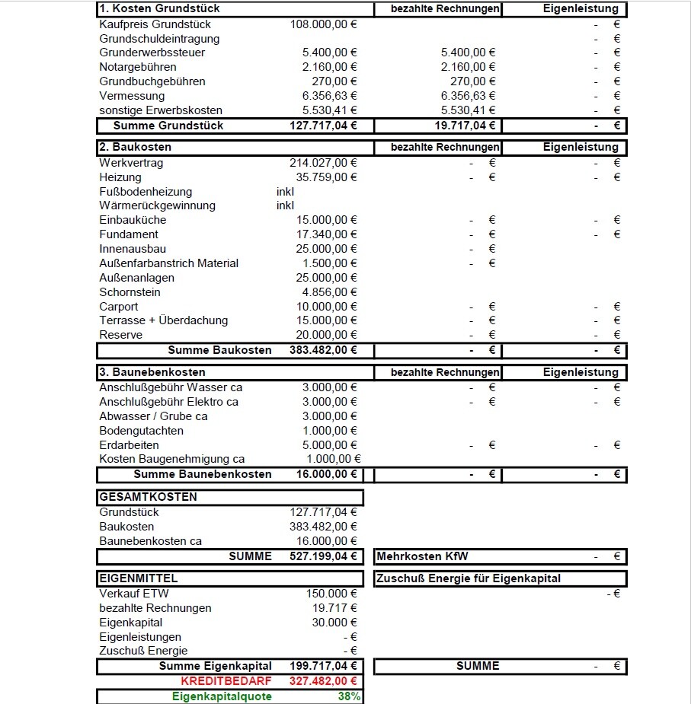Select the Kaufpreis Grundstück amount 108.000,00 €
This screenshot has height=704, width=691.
pyautogui.click(x=324, y=24)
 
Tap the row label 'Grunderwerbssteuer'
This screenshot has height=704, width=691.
pyautogui.click(x=152, y=53)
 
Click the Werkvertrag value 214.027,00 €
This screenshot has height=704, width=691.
pyautogui.click(x=324, y=163)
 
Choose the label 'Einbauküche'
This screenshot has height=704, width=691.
pyautogui.click(x=133, y=220)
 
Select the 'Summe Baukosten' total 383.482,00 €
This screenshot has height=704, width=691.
pyautogui.click(x=324, y=350)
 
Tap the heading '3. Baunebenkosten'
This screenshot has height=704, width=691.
pyautogui.click(x=152, y=372)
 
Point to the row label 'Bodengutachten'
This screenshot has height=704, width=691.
pyautogui.click(x=142, y=431)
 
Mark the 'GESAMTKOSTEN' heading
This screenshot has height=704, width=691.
pyautogui.click(x=148, y=497)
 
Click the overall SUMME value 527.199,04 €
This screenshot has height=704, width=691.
pyautogui.click(x=324, y=556)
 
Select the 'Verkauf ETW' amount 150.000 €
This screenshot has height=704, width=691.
pyautogui.click(x=331, y=594)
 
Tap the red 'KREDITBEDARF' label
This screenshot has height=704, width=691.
pyautogui.click(x=226, y=681)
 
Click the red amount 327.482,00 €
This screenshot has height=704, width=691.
pyautogui.click(x=324, y=681)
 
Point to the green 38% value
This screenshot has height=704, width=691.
pyautogui.click(x=350, y=696)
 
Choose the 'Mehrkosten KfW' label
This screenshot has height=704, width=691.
pyautogui.click(x=423, y=556)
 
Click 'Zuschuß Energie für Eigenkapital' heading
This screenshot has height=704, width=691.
pyautogui.click(x=469, y=578)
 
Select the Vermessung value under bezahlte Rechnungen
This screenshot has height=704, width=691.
pyautogui.click(x=468, y=96)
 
